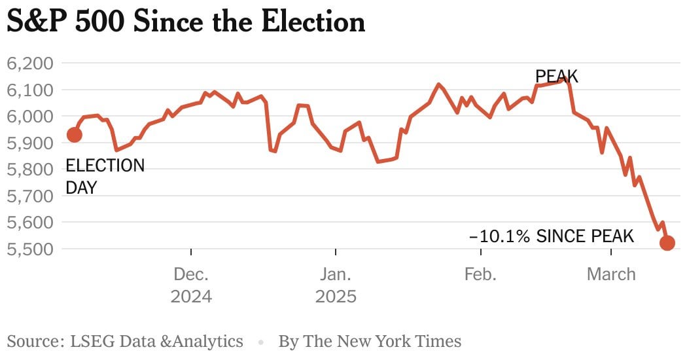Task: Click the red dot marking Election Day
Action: (x=75, y=135)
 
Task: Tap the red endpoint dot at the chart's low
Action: (x=667, y=242)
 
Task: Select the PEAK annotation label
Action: (x=556, y=77)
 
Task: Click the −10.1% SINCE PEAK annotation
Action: (x=551, y=236)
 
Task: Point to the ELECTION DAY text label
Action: (x=105, y=176)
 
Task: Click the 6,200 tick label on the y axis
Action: (x=30, y=63)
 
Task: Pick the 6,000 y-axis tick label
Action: (x=30, y=117)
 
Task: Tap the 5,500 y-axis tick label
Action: (x=30, y=249)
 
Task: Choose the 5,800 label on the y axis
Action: (x=30, y=170)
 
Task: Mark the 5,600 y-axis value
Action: (x=30, y=223)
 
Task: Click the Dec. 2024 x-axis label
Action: (x=191, y=285)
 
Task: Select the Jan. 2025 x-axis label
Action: (x=336, y=285)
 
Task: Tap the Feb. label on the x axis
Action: (x=481, y=274)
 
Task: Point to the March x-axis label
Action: (x=611, y=274)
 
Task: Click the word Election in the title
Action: (x=313, y=22)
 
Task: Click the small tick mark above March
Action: (x=611, y=251)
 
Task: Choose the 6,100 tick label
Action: (x=30, y=90)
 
